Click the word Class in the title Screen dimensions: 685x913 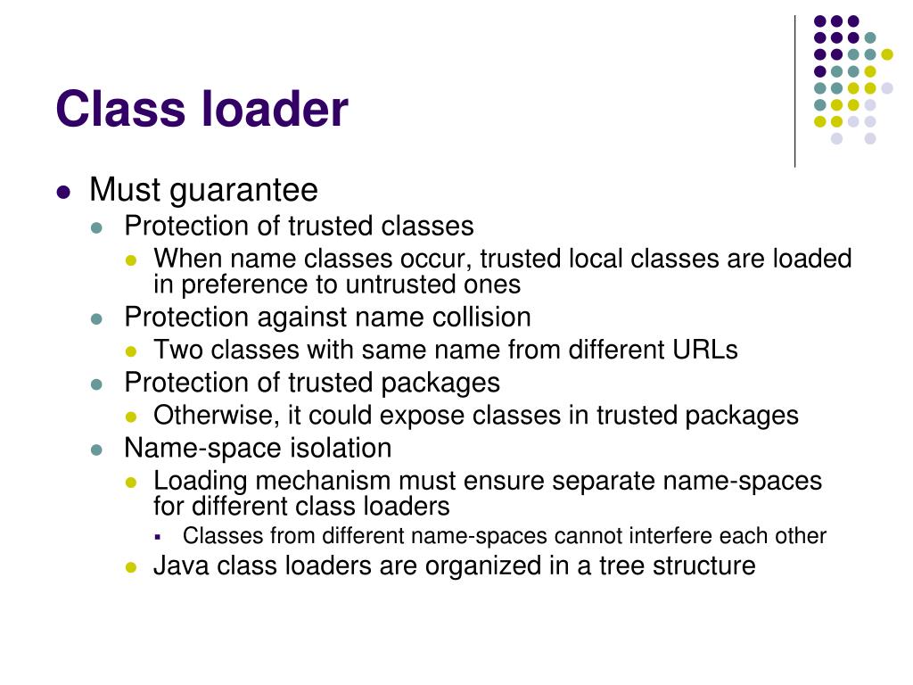click(x=113, y=110)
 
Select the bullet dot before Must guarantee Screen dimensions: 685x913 click(x=62, y=192)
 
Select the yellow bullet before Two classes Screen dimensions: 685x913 click(x=132, y=351)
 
